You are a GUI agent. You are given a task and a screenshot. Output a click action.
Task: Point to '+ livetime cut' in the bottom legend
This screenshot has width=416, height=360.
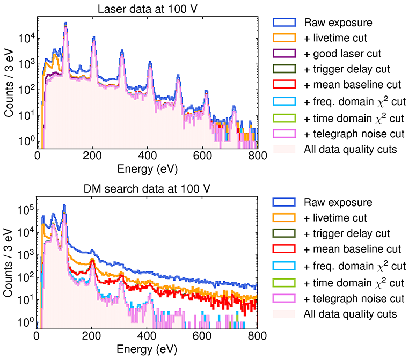(335, 218)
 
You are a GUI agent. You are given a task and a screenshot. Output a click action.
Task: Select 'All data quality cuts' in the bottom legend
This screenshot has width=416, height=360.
(350, 313)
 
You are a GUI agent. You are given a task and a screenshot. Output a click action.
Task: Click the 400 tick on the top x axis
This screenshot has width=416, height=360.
(148, 156)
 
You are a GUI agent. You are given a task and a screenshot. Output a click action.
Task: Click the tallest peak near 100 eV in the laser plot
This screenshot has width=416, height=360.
(65, 24)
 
